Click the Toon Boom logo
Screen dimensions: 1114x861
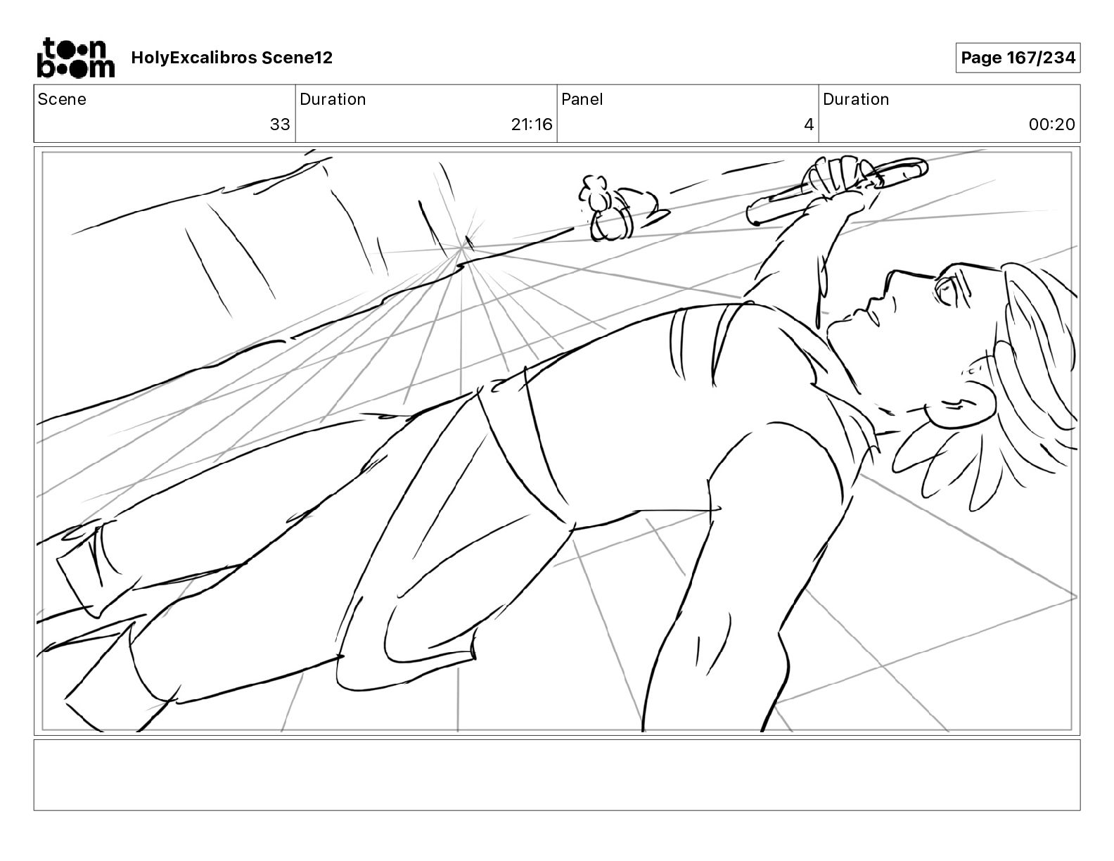click(75, 58)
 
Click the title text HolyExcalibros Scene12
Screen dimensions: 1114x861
click(231, 58)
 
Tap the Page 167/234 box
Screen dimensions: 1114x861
click(1018, 58)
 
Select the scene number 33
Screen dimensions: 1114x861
click(280, 125)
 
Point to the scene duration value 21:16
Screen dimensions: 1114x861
click(532, 125)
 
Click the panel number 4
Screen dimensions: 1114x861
click(809, 125)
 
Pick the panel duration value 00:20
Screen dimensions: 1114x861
click(1051, 125)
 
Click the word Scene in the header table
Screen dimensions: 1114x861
click(62, 99)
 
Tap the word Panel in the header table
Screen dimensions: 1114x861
click(582, 99)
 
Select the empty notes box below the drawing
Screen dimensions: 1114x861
click(556, 774)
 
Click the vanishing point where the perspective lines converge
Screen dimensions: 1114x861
click(463, 248)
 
